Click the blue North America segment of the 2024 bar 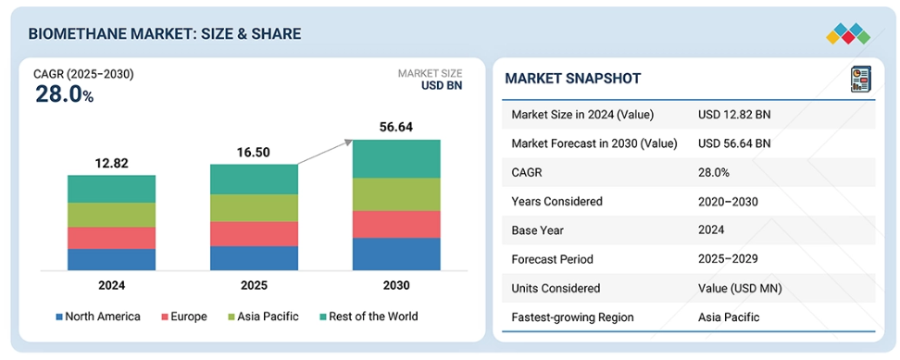pyautogui.click(x=111, y=259)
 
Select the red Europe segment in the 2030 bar pyautogui.click(x=396, y=224)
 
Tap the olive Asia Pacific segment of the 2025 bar pyautogui.click(x=254, y=207)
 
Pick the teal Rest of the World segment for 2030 pyautogui.click(x=396, y=159)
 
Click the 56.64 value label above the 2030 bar pyautogui.click(x=396, y=128)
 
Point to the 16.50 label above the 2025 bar pyautogui.click(x=254, y=153)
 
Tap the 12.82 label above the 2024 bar pyautogui.click(x=111, y=164)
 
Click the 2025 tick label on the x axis pyautogui.click(x=254, y=285)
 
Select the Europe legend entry pyautogui.click(x=184, y=317)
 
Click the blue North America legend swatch pyautogui.click(x=59, y=317)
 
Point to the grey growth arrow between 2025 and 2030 pyautogui.click(x=324, y=152)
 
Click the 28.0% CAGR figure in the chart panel pyautogui.click(x=64, y=94)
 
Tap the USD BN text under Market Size pyautogui.click(x=442, y=85)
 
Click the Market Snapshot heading pyautogui.click(x=573, y=79)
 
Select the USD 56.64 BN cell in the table pyautogui.click(x=734, y=143)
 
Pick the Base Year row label pyautogui.click(x=537, y=230)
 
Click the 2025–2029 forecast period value pyautogui.click(x=728, y=259)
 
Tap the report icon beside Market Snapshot pyautogui.click(x=860, y=79)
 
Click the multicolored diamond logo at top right pyautogui.click(x=848, y=34)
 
